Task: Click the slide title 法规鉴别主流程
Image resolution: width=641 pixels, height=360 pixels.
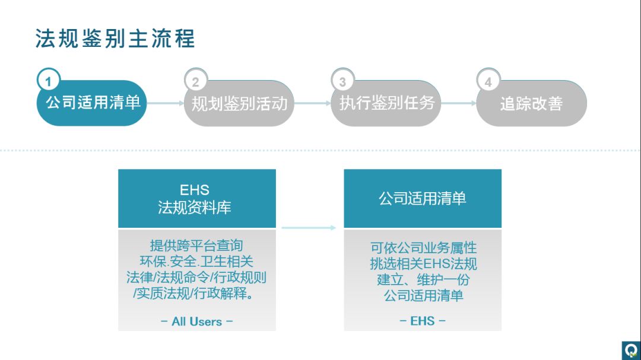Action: point(115,39)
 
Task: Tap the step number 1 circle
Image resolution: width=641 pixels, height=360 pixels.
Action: point(49,81)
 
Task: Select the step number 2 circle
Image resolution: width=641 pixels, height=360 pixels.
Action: point(195,81)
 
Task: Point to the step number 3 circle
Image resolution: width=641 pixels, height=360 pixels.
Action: point(342,81)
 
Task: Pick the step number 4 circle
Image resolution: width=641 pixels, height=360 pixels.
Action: point(488,81)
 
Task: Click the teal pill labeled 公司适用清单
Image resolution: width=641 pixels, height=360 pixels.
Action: point(93,103)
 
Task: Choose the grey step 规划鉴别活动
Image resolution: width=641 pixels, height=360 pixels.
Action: point(239,104)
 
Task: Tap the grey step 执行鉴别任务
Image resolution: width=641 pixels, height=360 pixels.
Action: point(386,103)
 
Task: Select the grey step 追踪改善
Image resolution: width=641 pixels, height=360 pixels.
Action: point(531,104)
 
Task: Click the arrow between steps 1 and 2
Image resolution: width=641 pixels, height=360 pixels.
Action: point(166,103)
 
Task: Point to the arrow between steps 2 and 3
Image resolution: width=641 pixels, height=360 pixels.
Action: point(312,103)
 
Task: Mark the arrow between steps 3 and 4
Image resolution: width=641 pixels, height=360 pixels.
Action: point(459,103)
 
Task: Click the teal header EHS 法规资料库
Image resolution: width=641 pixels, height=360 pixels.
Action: point(196,199)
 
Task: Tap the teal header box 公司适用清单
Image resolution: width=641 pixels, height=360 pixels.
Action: point(423,199)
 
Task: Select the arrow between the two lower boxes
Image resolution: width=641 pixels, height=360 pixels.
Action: point(309,227)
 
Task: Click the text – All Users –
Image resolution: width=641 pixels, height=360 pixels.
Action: point(196,321)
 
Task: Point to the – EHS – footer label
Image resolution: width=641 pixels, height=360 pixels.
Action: point(423,321)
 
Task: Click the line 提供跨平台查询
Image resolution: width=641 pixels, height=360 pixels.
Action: point(196,246)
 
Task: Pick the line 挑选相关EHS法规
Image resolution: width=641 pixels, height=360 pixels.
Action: point(423,263)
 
